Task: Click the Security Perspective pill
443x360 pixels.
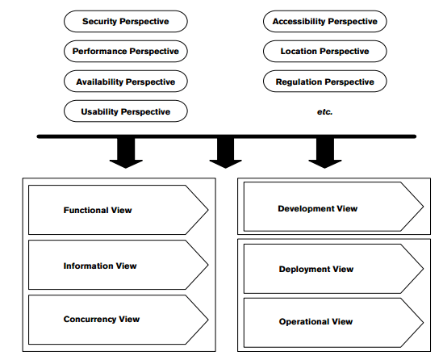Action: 125,21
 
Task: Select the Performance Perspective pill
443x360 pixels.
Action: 125,51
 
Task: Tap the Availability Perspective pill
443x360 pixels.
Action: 125,82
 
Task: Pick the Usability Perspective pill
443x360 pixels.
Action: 125,111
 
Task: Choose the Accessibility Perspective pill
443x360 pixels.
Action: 325,21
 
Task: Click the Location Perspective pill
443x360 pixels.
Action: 325,51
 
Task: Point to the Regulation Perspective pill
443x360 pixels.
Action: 325,82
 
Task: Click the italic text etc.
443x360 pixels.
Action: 325,112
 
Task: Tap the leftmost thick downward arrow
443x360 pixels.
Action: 126,153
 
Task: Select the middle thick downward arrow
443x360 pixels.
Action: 225,153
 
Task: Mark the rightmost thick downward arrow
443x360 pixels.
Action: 325,153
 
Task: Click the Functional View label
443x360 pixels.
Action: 98,210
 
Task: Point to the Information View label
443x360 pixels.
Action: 100,266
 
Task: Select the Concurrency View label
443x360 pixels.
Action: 102,319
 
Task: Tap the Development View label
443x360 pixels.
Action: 318,208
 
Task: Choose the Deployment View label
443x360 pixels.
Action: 316,269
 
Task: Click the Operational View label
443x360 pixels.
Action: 316,321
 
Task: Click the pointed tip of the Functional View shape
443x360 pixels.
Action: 208,210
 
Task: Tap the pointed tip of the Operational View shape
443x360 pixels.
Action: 424,322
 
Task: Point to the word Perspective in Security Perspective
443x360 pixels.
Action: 144,22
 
